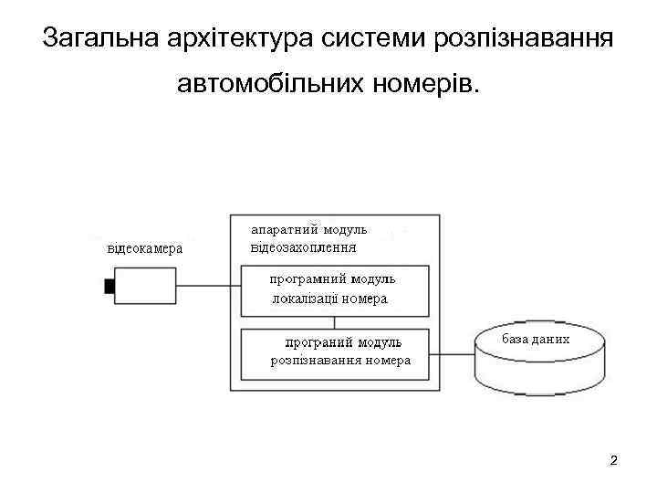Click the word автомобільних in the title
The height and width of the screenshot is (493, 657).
click(x=269, y=86)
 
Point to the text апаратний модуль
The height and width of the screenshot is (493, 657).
click(x=309, y=229)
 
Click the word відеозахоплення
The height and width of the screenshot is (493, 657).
click(x=304, y=246)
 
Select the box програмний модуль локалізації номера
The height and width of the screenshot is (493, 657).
click(x=334, y=290)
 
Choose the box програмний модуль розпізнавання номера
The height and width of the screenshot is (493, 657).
click(x=334, y=354)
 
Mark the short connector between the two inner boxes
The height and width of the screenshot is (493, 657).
click(x=335, y=322)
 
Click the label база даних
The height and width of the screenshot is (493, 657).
click(x=536, y=340)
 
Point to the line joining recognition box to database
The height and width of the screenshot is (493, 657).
click(x=452, y=355)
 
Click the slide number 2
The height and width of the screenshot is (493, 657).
click(x=613, y=460)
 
